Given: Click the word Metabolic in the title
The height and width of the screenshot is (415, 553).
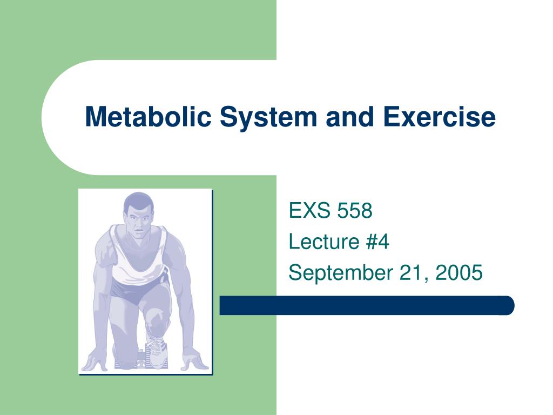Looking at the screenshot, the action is [x=148, y=117].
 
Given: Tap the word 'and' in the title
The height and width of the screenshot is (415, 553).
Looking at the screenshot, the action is [x=350, y=117].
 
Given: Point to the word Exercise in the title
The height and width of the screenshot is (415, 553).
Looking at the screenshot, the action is [x=440, y=117].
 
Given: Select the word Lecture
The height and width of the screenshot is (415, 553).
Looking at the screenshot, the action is [x=324, y=242].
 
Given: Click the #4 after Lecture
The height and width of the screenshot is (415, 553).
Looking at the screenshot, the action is [x=377, y=242].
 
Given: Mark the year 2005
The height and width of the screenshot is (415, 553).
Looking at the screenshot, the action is [x=459, y=272].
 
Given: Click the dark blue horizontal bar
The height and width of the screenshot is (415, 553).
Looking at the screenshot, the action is [x=367, y=305].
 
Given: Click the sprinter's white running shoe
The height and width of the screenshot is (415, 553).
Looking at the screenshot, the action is [x=154, y=347].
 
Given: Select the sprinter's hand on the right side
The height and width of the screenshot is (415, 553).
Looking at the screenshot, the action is [x=194, y=359].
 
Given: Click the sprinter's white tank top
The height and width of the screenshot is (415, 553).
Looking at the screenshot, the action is [x=138, y=258].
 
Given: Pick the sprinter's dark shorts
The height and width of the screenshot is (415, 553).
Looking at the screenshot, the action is [x=138, y=290].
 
